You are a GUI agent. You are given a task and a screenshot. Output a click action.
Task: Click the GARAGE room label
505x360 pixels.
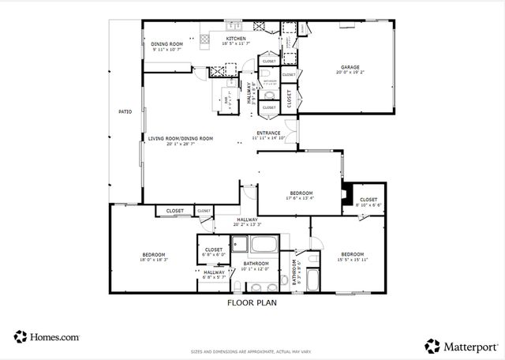click(350, 67)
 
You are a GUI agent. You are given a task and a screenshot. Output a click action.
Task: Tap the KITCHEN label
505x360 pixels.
click(236, 38)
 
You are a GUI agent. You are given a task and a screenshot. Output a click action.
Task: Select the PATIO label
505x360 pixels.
click(125, 112)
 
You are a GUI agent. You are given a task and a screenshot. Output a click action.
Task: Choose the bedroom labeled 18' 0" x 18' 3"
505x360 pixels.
click(153, 255)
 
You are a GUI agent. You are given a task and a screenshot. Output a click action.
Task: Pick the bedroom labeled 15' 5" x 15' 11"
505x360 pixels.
click(342, 255)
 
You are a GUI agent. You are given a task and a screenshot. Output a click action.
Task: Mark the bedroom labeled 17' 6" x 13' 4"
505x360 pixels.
click(301, 193)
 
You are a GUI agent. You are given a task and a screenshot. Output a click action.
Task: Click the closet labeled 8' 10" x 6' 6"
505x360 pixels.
click(368, 200)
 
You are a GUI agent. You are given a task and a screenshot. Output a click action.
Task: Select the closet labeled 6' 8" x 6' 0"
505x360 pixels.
click(213, 249)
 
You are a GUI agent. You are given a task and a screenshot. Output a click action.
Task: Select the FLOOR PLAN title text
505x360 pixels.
click(252, 302)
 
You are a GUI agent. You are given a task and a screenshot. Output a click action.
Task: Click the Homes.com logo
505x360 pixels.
click(47, 336)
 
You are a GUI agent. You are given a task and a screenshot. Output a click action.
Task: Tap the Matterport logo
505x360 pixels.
click(462, 345)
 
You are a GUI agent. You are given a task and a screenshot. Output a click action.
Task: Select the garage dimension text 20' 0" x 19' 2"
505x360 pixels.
click(350, 72)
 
